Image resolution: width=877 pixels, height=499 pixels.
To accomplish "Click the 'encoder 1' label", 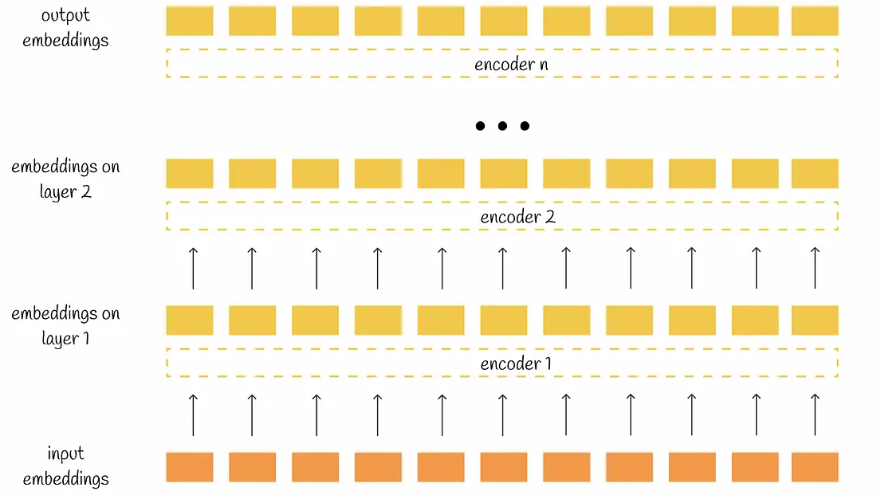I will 516,364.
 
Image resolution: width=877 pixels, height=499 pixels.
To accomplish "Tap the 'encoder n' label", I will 511,65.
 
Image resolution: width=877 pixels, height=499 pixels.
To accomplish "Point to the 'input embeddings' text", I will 65,466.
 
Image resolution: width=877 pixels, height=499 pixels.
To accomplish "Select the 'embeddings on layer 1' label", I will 65,325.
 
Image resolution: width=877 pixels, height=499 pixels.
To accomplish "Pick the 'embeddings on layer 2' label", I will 65,179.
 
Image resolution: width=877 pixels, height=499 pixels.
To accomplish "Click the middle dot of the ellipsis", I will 502,126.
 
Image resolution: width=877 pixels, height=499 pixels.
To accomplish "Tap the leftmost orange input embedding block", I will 190,467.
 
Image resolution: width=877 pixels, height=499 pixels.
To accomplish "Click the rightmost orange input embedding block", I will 815,467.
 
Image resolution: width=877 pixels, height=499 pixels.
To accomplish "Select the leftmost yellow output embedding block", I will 190,22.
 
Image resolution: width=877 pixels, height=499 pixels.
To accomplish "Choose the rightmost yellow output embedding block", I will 815,22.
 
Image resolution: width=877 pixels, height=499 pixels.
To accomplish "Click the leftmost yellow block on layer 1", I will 190,320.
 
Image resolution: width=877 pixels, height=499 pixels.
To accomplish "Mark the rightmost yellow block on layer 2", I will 815,173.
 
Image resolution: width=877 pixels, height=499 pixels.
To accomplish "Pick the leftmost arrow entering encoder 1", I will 192,414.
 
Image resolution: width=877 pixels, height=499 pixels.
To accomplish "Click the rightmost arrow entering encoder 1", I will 815,414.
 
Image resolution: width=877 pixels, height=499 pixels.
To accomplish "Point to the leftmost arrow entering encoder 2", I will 192,267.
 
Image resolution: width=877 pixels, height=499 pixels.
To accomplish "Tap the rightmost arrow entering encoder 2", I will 815,267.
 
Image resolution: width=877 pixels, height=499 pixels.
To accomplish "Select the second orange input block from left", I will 252,467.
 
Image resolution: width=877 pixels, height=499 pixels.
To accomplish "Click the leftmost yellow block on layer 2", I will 190,173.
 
